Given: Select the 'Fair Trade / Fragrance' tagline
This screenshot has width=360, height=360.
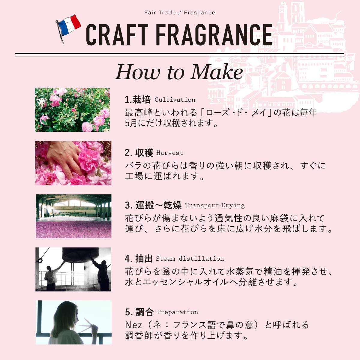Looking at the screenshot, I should (180, 13).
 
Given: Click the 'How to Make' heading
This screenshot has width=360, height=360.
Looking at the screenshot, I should (179, 72).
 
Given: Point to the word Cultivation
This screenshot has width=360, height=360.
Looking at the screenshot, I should (175, 100).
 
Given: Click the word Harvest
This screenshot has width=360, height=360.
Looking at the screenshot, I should (169, 153).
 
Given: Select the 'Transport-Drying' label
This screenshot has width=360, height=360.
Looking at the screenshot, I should (214, 205).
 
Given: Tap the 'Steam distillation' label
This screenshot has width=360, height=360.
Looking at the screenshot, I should (190, 259).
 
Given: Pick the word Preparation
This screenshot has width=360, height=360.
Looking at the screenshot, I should (178, 312).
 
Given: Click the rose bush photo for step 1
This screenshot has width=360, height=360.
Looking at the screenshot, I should (72, 110).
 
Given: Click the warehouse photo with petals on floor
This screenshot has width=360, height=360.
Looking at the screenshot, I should (73, 216).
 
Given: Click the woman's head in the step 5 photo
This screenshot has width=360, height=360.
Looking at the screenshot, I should (67, 315).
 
